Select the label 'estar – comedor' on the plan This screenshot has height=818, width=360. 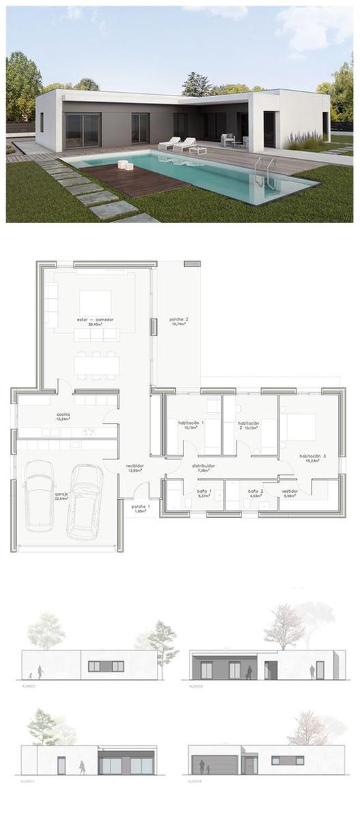pos(95,320)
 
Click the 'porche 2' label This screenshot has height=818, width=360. pos(178,321)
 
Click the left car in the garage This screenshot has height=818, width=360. pos(40,496)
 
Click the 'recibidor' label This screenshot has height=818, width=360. pos(134,468)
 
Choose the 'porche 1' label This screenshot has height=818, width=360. pos(140,508)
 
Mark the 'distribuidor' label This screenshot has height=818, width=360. pos(202,468)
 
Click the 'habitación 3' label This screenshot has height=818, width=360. pos(311,457)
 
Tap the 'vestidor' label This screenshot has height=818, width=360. pos(290,491)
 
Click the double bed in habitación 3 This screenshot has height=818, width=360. pos(300,427)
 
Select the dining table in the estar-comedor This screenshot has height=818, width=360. pos(96,365)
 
